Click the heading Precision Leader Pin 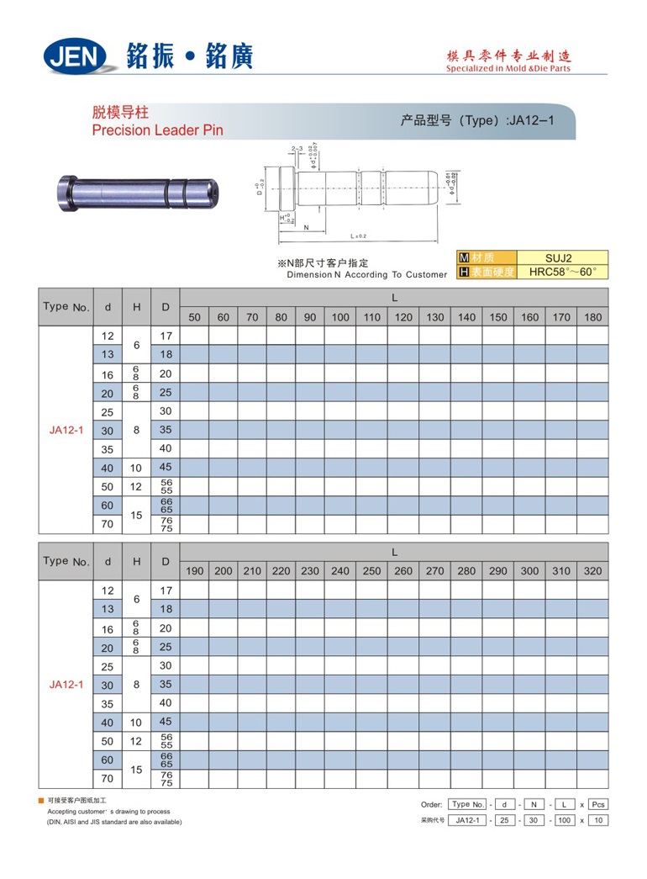point(157,130)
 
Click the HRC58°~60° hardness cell point(562,272)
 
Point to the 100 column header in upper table point(340,317)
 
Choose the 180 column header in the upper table point(593,317)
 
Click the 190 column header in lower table point(194,571)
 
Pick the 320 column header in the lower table point(593,571)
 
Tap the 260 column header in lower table point(403,571)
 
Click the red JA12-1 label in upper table point(66,430)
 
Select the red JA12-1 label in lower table point(66,685)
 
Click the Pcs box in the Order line point(597,804)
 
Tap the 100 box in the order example point(564,820)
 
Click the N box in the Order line point(535,804)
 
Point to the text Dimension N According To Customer point(367,275)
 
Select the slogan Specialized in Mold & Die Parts point(508,69)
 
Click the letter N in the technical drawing point(306,228)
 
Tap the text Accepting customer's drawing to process point(108,812)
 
